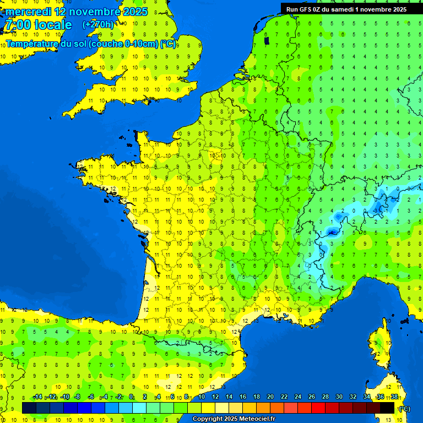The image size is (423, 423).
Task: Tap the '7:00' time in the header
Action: click(17, 25)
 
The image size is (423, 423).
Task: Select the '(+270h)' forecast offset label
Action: click(98, 25)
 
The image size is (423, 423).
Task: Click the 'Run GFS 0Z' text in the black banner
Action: click(306, 9)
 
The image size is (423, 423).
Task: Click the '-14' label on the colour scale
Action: click(37, 397)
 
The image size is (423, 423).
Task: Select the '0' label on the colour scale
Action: click(131, 397)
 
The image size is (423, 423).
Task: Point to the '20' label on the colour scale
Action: click(270, 397)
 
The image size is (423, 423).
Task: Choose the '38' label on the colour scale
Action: click(394, 397)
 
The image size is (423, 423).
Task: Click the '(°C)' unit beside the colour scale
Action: click(404, 408)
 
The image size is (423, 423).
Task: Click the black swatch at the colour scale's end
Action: click(387, 408)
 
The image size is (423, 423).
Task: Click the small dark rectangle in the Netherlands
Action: click(267, 40)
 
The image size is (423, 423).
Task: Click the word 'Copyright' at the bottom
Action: click(207, 419)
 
